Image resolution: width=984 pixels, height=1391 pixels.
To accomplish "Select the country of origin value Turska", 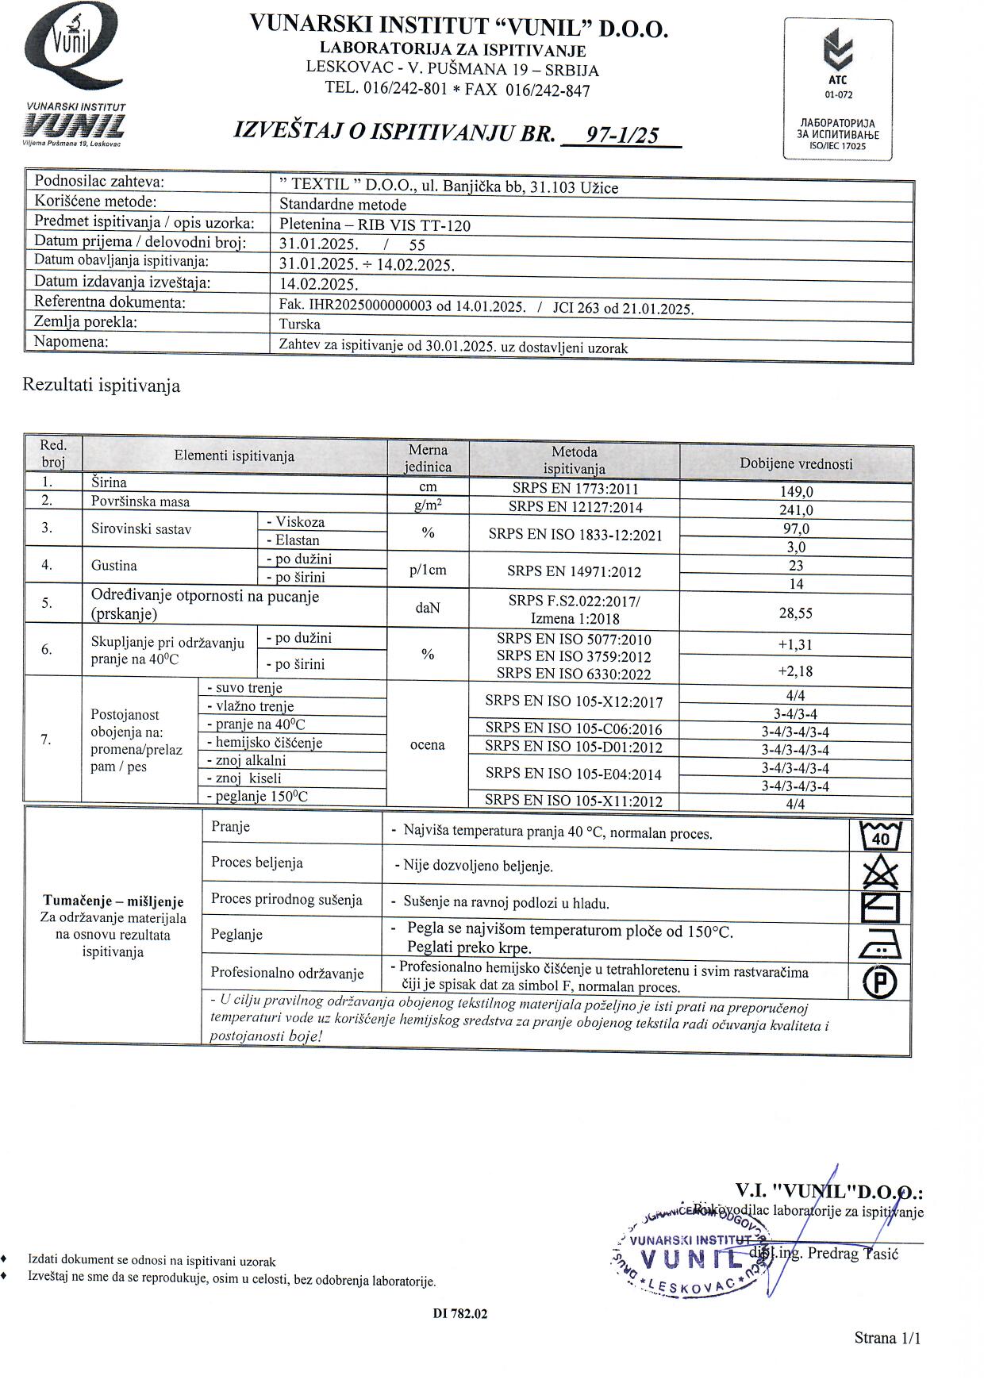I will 300,324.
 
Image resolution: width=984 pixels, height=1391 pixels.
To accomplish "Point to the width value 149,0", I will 796,492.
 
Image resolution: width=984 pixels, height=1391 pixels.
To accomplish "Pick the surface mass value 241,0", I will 796,510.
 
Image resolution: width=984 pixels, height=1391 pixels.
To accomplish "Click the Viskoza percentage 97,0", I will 796,528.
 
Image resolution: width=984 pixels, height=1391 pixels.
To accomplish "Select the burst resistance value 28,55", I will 796,613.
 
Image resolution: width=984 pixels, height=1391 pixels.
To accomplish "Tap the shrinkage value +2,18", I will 796,671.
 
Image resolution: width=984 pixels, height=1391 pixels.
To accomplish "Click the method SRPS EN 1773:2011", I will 574,489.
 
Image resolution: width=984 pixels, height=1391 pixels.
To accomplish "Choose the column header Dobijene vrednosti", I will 796,463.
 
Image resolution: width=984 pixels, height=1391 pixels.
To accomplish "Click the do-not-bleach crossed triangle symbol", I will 881,873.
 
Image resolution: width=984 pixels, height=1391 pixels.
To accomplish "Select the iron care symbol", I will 881,945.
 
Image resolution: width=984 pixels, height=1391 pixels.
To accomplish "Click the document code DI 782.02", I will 460,1313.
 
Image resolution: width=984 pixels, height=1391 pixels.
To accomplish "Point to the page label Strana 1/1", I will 887,1338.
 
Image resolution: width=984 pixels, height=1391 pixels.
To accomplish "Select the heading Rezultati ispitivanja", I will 102,386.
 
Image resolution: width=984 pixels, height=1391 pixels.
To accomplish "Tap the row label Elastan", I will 298,540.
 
